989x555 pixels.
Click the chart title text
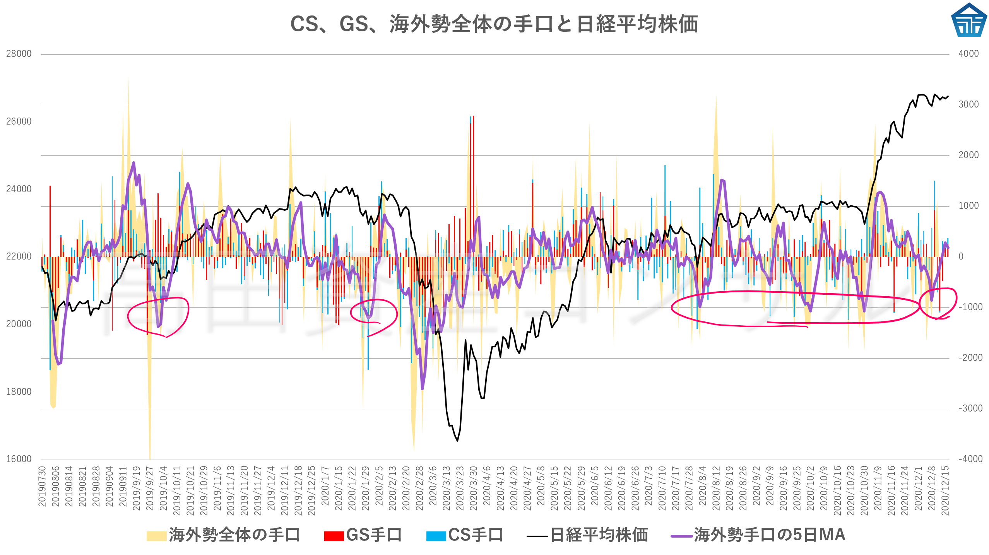pyautogui.click(x=494, y=24)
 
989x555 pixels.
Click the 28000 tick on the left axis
pyautogui.click(x=19, y=54)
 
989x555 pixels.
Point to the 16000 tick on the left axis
pyautogui.click(x=19, y=459)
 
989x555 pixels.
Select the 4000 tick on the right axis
pyautogui.click(x=968, y=54)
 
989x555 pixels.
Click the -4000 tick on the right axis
pyautogui.click(x=970, y=459)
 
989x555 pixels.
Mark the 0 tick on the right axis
pyautogui.click(x=961, y=256)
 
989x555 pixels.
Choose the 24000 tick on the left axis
pyautogui.click(x=19, y=189)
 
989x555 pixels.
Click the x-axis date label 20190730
pyautogui.click(x=42, y=487)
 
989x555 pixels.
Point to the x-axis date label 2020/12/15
pyautogui.click(x=945, y=490)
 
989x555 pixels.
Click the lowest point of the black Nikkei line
pyautogui.click(x=457, y=441)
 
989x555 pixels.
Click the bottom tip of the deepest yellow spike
pyautogui.click(x=150, y=459)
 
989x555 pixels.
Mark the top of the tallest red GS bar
pyautogui.click(x=473, y=116)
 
